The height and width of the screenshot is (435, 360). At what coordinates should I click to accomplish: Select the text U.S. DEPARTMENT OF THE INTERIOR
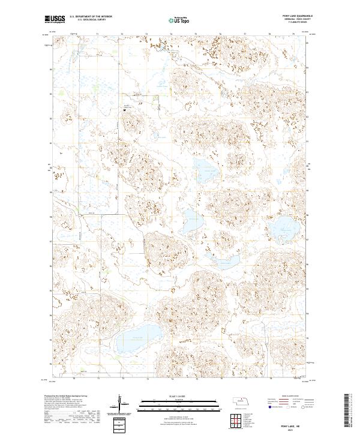91,17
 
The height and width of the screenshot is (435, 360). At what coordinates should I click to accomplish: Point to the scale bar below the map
179,403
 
